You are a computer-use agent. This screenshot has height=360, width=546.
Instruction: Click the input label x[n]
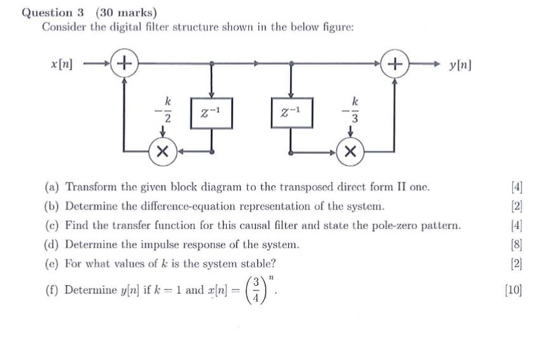(x=61, y=64)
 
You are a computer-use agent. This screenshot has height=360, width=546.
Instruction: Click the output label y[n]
(x=460, y=65)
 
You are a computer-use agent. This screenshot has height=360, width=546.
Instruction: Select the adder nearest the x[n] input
(x=124, y=63)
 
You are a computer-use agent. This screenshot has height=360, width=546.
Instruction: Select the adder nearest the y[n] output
(x=395, y=63)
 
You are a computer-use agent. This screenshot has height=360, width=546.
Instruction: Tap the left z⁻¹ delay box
(x=212, y=113)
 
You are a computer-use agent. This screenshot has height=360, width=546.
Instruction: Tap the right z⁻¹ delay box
(x=292, y=113)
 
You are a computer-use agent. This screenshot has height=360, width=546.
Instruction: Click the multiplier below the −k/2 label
(x=163, y=151)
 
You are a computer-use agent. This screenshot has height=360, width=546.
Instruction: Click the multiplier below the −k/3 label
(x=350, y=151)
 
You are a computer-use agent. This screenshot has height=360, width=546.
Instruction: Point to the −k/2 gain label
(x=163, y=110)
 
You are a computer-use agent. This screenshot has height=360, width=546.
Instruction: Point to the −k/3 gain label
(x=350, y=110)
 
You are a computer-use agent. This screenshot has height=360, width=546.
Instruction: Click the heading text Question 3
(x=53, y=13)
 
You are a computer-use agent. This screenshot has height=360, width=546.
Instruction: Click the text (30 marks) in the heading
(x=127, y=13)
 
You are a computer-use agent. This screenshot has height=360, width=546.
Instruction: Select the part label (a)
(x=52, y=187)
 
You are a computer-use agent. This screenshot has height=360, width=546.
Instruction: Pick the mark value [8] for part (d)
(x=517, y=245)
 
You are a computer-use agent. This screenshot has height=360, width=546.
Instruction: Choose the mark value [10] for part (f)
(x=514, y=290)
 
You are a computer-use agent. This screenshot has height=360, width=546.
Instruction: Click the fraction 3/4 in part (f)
(x=256, y=290)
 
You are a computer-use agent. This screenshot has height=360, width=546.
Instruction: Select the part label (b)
(x=52, y=207)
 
